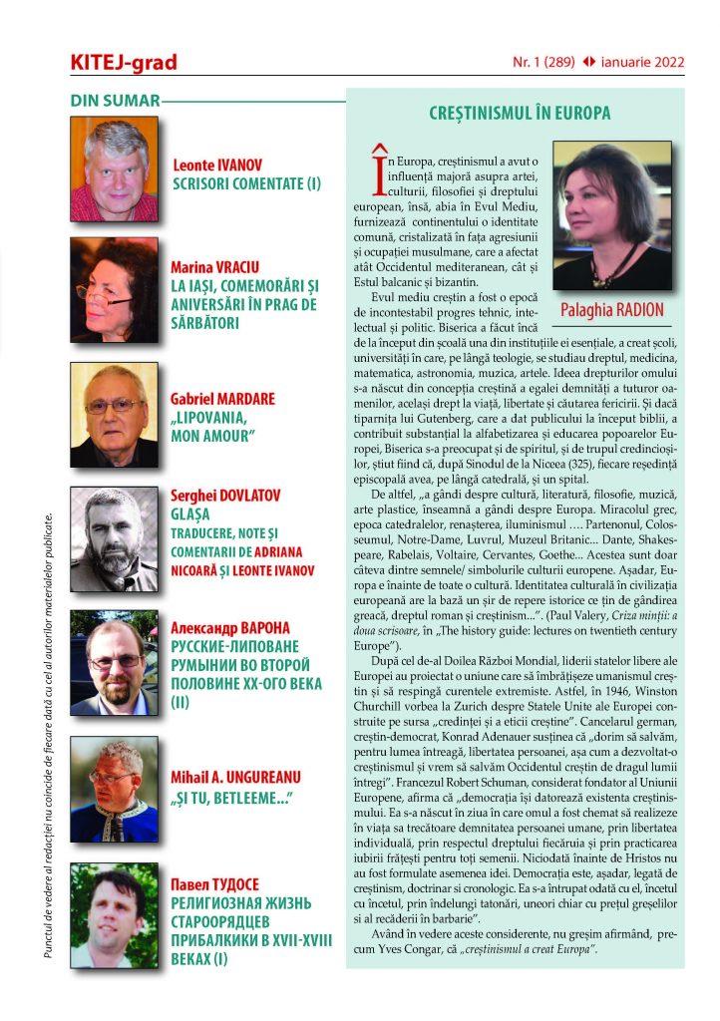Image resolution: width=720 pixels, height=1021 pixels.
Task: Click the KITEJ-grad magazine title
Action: (x=124, y=62)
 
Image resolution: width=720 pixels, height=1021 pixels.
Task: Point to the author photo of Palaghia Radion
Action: (x=612, y=216)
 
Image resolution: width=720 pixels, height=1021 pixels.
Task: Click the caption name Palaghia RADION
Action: (x=612, y=310)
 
